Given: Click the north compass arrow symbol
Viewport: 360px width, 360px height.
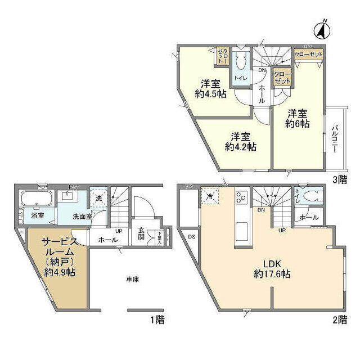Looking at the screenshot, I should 325,29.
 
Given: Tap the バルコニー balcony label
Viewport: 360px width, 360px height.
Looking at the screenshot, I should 334,138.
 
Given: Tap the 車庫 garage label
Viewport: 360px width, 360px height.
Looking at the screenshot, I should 132,280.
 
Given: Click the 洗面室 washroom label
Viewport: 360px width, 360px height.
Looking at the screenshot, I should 82,216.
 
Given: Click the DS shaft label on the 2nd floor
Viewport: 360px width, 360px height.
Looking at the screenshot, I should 191,237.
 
